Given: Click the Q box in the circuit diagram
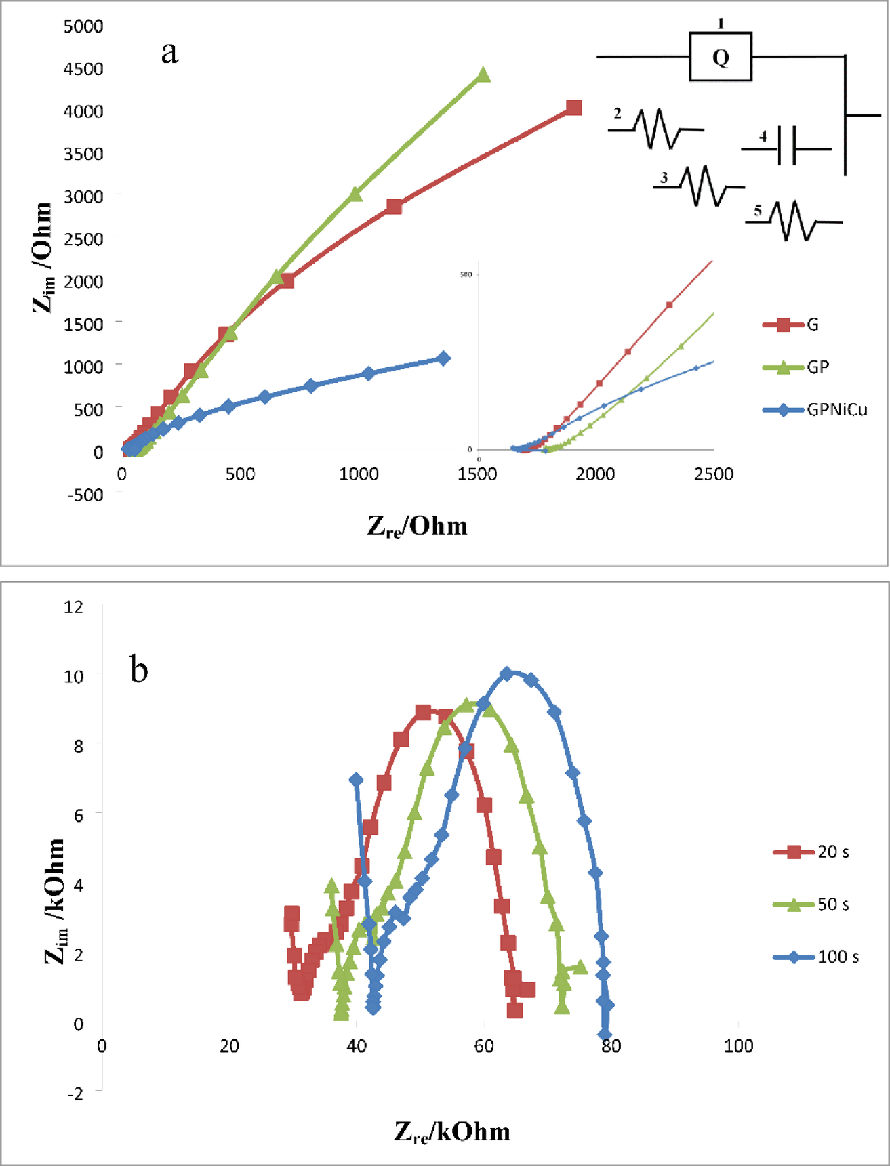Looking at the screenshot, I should coord(721,57).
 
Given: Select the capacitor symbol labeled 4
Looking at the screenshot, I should coord(786,146).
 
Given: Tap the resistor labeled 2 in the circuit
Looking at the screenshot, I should coord(656,128).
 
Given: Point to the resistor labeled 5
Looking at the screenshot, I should coord(794,221).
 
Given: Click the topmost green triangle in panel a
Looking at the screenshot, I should coord(483,75).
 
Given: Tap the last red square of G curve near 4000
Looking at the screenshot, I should coord(573,108).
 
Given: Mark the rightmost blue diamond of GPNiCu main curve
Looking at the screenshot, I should coord(443,358).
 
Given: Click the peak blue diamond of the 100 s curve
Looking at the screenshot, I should coord(506,673).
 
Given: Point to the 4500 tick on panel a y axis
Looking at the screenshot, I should coord(83,69).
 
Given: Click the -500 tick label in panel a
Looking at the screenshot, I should coord(85,495).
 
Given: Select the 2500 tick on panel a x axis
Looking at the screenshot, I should coord(713,474).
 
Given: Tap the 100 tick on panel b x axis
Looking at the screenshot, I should coord(738,1046).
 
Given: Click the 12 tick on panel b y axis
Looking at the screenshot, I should coord(74,607).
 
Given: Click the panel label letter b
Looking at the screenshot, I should coord(139,669).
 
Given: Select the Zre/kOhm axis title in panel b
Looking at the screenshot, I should coord(452,1131).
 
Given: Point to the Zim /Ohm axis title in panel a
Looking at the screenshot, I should coord(42,257).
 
